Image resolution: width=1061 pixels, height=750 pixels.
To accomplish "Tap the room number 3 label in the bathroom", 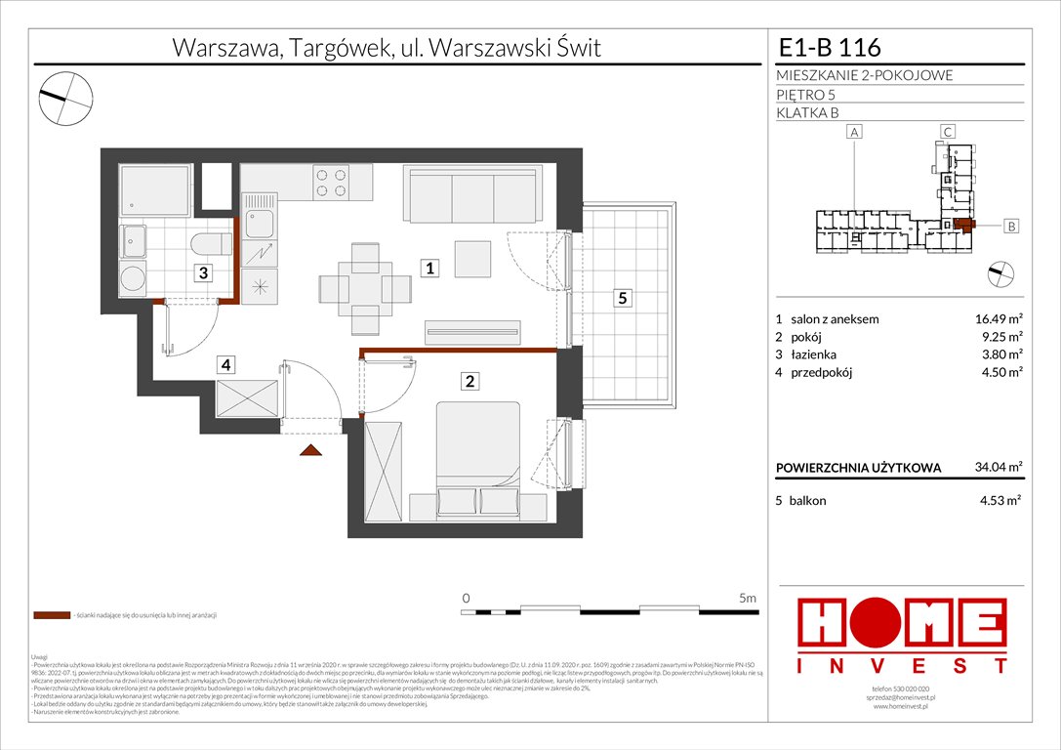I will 202,273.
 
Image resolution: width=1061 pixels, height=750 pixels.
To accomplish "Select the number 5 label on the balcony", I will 621,299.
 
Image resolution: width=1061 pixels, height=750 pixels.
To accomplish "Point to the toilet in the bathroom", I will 208,244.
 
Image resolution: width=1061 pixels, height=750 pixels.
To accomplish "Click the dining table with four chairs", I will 366,286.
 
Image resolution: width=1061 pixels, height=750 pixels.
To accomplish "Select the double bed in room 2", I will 477,458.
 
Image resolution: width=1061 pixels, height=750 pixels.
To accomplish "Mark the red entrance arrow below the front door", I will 310,450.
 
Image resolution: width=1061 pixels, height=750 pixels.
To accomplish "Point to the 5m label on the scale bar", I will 748,597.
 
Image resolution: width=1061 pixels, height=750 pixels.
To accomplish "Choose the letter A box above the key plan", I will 854,132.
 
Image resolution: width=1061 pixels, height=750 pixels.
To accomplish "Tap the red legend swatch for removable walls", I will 51,616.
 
